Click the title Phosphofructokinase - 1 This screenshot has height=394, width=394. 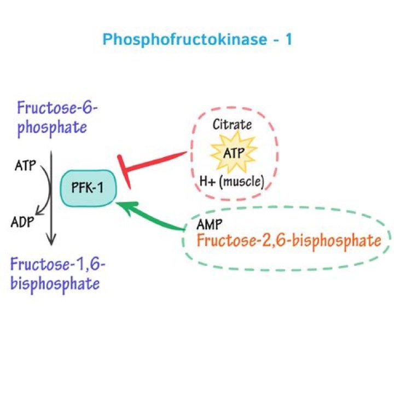coord(197,40)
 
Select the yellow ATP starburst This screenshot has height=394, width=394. coord(229,153)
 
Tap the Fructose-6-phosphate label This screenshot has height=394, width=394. coord(57,117)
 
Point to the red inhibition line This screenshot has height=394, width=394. coord(159,163)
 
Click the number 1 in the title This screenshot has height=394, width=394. coord(288,40)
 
